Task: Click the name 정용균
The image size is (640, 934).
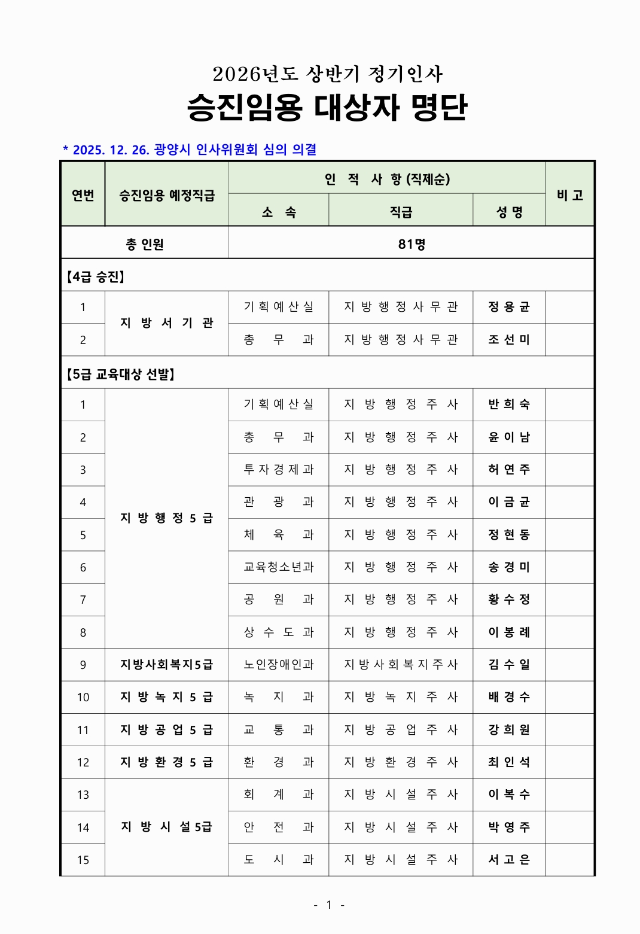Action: (509, 307)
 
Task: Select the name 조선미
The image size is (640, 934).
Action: (509, 339)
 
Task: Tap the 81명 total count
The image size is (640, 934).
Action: (412, 244)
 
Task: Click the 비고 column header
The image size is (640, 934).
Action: (569, 195)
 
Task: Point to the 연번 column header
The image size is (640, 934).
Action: (83, 195)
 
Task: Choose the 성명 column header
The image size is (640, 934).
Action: (509, 212)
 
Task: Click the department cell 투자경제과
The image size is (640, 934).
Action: (279, 470)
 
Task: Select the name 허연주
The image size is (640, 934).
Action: (509, 470)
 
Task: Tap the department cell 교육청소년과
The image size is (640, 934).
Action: (279, 567)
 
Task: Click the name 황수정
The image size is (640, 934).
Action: (509, 600)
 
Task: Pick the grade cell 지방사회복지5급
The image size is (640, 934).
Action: (166, 665)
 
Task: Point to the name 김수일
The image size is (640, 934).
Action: (509, 665)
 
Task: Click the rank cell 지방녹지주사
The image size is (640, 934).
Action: (401, 697)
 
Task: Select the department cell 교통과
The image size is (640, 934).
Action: (279, 729)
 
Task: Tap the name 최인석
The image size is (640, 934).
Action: (509, 762)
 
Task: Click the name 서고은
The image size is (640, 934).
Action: (509, 860)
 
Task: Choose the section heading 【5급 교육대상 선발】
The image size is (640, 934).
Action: (120, 375)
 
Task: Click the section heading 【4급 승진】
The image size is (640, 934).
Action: (96, 277)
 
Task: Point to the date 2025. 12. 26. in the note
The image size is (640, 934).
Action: (111, 150)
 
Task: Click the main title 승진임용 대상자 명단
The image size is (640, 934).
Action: (327, 108)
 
